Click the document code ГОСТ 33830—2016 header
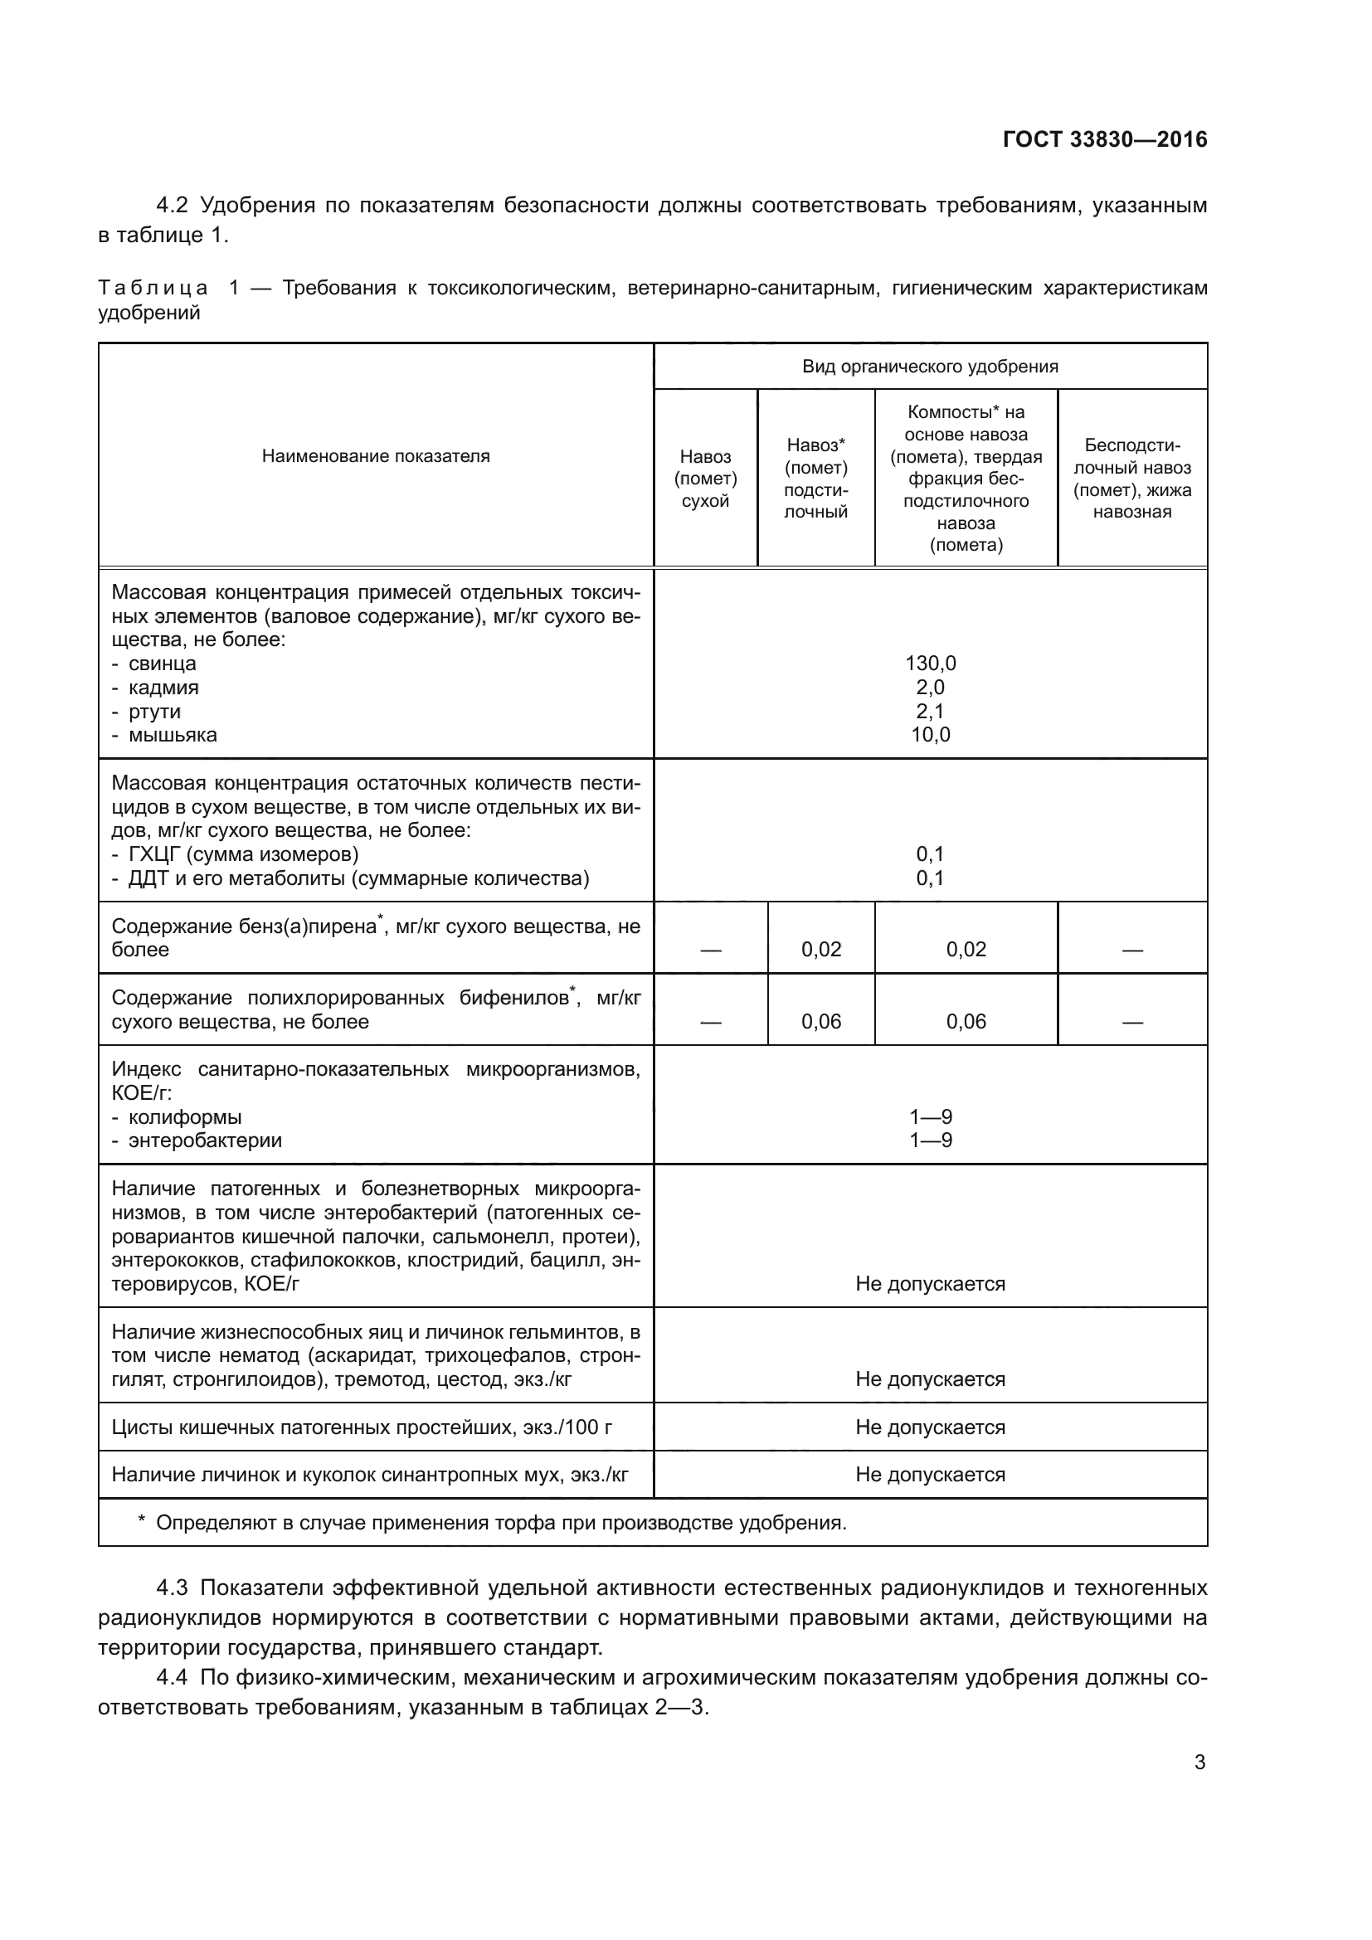pos(1104,139)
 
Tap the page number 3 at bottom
pos(1199,1762)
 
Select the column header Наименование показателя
pos(375,456)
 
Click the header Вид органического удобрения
pos(929,367)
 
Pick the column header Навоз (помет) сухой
pos(705,479)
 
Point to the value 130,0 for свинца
pos(930,664)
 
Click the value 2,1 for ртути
pos(930,711)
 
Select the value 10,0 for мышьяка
pos(930,734)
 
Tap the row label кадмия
pos(163,687)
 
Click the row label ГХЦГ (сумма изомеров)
pos(243,853)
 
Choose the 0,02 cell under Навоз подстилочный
pos(821,949)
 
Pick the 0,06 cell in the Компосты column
pos(966,1021)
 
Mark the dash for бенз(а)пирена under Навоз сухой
pos(711,951)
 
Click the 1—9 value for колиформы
pos(930,1116)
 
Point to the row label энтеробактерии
pos(204,1140)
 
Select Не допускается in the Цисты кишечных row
pos(930,1427)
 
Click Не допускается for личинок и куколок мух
pos(930,1475)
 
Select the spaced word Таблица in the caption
pos(153,288)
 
